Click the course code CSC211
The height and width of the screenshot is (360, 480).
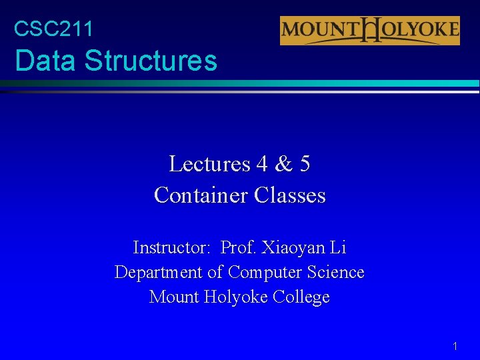53,29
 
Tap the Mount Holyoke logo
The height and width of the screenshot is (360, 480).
369,31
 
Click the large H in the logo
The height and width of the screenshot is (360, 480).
369,31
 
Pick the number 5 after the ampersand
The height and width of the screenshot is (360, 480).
304,164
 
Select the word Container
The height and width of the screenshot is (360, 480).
201,195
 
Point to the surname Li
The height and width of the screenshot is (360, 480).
338,248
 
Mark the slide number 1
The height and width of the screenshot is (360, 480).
455,346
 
